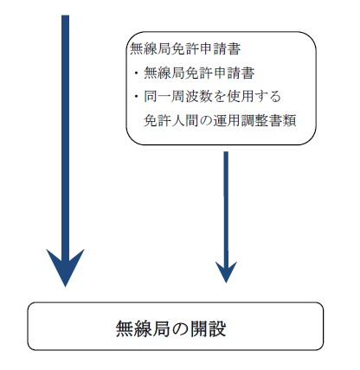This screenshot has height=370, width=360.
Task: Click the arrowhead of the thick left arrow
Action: pos(65,268)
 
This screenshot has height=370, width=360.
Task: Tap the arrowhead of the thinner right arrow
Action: pos(226,272)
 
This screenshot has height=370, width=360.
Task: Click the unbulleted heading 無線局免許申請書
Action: pos(185,49)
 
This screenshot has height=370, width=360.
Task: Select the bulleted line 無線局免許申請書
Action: pos(199,73)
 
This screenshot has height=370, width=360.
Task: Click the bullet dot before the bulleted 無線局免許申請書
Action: pos(136,73)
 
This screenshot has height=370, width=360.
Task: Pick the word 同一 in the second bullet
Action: pos(157,97)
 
